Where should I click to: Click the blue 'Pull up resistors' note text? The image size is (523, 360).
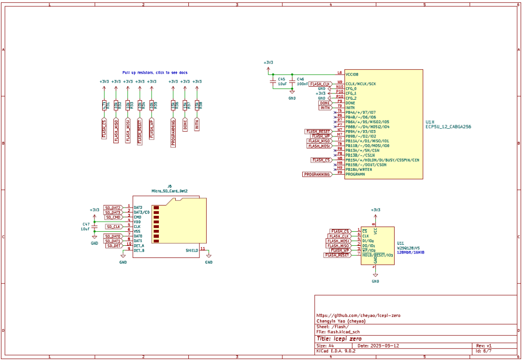click(155, 72)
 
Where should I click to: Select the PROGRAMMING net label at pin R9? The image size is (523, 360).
click(317, 174)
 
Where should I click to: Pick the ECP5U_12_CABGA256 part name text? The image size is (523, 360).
click(448, 127)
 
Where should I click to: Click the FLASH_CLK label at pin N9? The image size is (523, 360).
click(320, 84)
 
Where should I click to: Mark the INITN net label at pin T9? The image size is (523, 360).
click(324, 107)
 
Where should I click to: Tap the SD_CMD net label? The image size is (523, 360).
click(113, 217)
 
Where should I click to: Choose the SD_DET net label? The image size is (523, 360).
click(113, 246)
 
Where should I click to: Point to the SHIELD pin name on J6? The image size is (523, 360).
click(192, 250)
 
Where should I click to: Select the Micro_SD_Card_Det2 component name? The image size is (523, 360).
click(169, 192)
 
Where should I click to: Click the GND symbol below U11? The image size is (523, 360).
click(375, 276)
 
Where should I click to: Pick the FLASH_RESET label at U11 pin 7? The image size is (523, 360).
click(337, 255)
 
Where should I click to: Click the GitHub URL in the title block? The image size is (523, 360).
click(358, 315)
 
